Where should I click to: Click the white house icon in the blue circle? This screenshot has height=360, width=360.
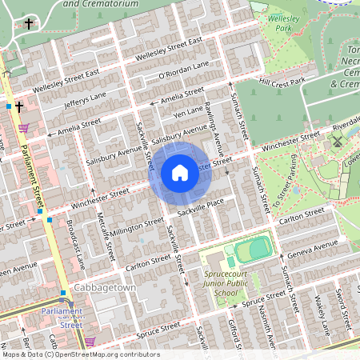[179, 172]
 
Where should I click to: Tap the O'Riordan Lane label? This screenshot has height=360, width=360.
[184, 70]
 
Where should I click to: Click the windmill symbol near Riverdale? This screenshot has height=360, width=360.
[337, 141]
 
